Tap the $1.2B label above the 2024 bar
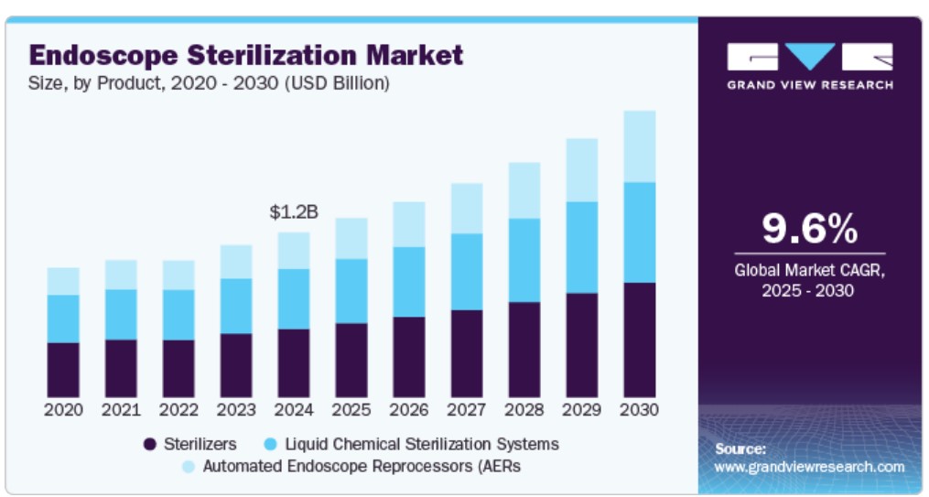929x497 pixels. [294, 212]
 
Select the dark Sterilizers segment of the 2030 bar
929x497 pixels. [639, 339]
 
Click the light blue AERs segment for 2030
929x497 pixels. [639, 146]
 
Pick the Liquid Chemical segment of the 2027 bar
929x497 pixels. [467, 271]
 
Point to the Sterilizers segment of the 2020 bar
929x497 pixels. [64, 369]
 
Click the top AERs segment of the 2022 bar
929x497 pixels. [178, 275]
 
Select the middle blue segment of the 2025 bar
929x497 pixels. [351, 290]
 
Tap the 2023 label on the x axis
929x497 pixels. [237, 409]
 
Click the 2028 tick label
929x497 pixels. [524, 409]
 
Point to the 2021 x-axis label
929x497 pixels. [122, 409]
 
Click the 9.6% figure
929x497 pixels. [809, 228]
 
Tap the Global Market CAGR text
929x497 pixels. [809, 270]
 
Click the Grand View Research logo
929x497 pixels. [809, 65]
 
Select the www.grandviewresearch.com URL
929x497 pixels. [809, 467]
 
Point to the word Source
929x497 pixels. [740, 448]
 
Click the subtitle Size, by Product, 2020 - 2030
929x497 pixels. [210, 83]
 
